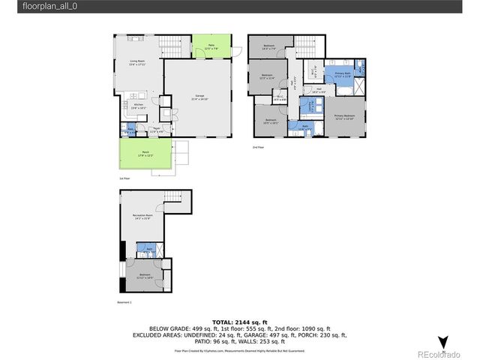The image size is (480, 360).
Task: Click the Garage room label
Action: pyautogui.click(x=200, y=97)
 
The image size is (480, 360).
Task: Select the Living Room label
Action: pyautogui.click(x=137, y=63)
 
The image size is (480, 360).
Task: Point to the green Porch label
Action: pyautogui.click(x=144, y=154)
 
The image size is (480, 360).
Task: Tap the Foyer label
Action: pyautogui.click(x=157, y=130)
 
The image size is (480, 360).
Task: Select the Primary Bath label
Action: pyautogui.click(x=343, y=74)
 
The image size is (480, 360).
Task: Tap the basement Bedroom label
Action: pyautogui.click(x=143, y=276)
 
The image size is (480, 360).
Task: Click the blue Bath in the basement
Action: pyautogui.click(x=150, y=249)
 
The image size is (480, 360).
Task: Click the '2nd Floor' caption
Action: pyautogui.click(x=259, y=148)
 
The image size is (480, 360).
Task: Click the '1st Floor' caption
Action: pyautogui.click(x=124, y=178)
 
